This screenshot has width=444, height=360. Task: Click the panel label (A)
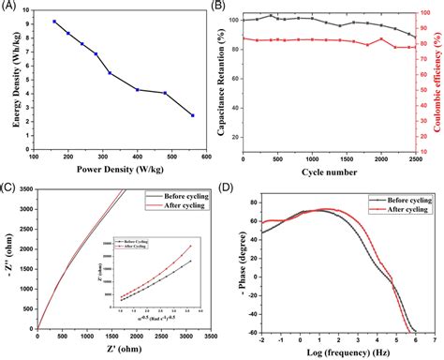click(x=8, y=7)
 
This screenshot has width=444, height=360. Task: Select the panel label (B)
click(x=231, y=7)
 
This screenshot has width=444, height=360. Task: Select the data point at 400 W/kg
click(x=137, y=90)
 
